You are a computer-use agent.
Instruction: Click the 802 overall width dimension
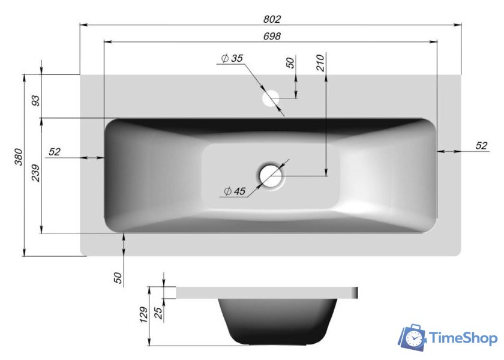(x=272, y=19)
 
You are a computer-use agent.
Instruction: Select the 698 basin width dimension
(x=272, y=37)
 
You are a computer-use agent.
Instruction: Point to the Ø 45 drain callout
(x=234, y=191)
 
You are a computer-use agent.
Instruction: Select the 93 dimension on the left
(x=35, y=100)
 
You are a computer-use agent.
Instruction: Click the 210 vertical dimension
(x=320, y=62)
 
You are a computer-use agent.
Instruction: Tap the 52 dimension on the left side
(x=55, y=152)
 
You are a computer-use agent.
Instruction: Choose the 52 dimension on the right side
(x=481, y=146)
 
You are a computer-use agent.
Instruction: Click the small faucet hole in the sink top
(x=272, y=97)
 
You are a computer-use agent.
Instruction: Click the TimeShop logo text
(x=464, y=338)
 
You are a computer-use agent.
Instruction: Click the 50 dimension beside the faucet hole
(x=290, y=63)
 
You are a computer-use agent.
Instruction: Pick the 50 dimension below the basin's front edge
(x=118, y=278)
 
